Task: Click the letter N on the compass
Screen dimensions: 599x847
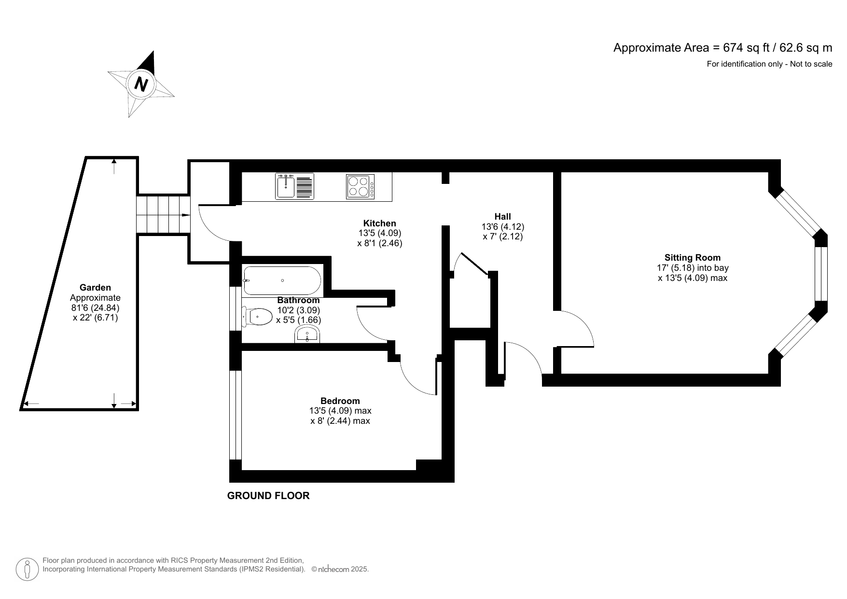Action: pos(141,84)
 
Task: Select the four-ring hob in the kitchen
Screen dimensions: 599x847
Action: pos(360,186)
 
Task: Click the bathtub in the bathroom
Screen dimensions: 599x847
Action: pos(282,280)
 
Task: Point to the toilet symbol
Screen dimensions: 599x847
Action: pos(258,317)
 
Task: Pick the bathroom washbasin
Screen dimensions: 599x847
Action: pos(307,334)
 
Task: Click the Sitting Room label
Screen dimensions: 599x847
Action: pos(692,258)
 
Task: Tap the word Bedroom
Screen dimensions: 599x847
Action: pos(340,401)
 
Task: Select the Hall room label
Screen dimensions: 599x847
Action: pos(502,217)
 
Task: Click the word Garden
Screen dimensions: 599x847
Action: pos(95,288)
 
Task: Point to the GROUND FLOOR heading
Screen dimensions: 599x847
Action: pos(268,496)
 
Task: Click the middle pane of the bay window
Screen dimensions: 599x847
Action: pos(821,274)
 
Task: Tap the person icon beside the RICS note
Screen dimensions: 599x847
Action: pos(27,570)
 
